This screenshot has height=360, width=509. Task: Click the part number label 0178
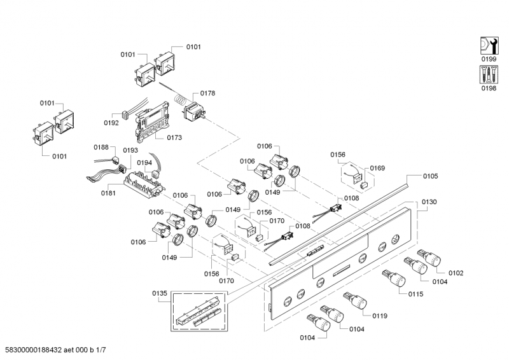[x=208, y=93]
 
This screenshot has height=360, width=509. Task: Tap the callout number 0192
[x=111, y=122]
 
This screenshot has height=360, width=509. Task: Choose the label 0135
[x=160, y=293]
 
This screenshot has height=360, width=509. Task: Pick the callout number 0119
[x=380, y=315]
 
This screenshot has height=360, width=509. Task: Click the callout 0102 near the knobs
[x=456, y=273]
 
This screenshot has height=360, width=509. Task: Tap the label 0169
[x=377, y=168]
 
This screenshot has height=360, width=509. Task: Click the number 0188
[x=102, y=147]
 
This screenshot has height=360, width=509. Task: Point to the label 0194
[x=144, y=163]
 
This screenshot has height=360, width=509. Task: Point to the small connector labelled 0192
[x=127, y=117]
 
